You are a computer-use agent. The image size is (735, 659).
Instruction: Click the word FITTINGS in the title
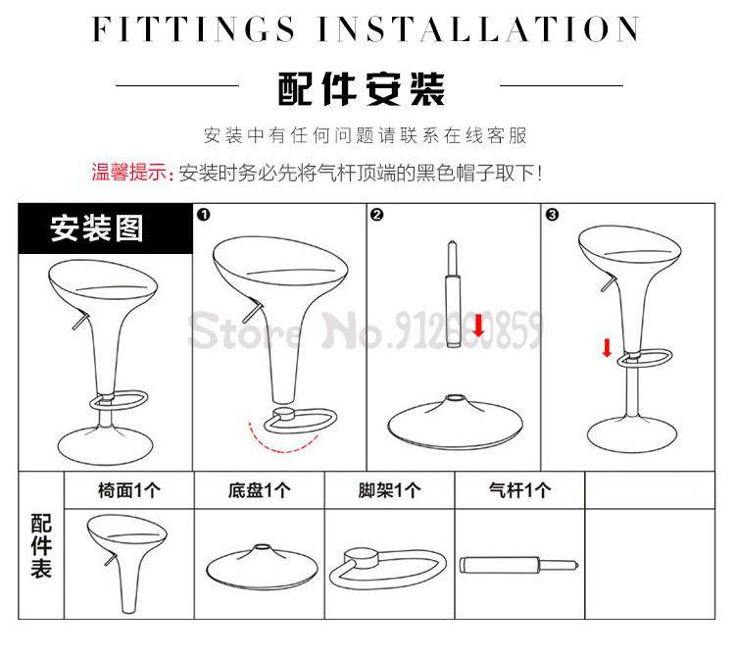194,29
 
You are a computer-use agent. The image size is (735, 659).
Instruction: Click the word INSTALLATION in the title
478,29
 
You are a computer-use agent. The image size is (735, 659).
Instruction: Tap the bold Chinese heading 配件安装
361,88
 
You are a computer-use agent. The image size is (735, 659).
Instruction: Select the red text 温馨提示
129,173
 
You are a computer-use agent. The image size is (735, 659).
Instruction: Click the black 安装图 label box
106,228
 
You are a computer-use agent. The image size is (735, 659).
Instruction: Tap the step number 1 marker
204,215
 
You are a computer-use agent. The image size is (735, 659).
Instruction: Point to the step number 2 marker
377,215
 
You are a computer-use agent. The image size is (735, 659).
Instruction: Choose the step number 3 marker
552,215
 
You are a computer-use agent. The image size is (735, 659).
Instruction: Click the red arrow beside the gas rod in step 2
478,325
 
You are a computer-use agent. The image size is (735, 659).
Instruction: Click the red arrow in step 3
607,348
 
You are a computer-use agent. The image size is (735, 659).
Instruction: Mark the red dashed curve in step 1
280,443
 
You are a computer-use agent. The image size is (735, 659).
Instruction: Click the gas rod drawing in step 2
453,294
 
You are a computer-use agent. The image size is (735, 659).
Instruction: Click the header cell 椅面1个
129,490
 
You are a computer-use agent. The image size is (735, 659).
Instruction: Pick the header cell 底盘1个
260,490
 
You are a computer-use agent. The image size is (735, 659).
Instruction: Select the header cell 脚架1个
389,490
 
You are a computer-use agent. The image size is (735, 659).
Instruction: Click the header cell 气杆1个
519,490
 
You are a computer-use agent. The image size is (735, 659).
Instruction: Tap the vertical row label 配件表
41,546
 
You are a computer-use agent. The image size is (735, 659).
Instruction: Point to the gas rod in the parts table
519,565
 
